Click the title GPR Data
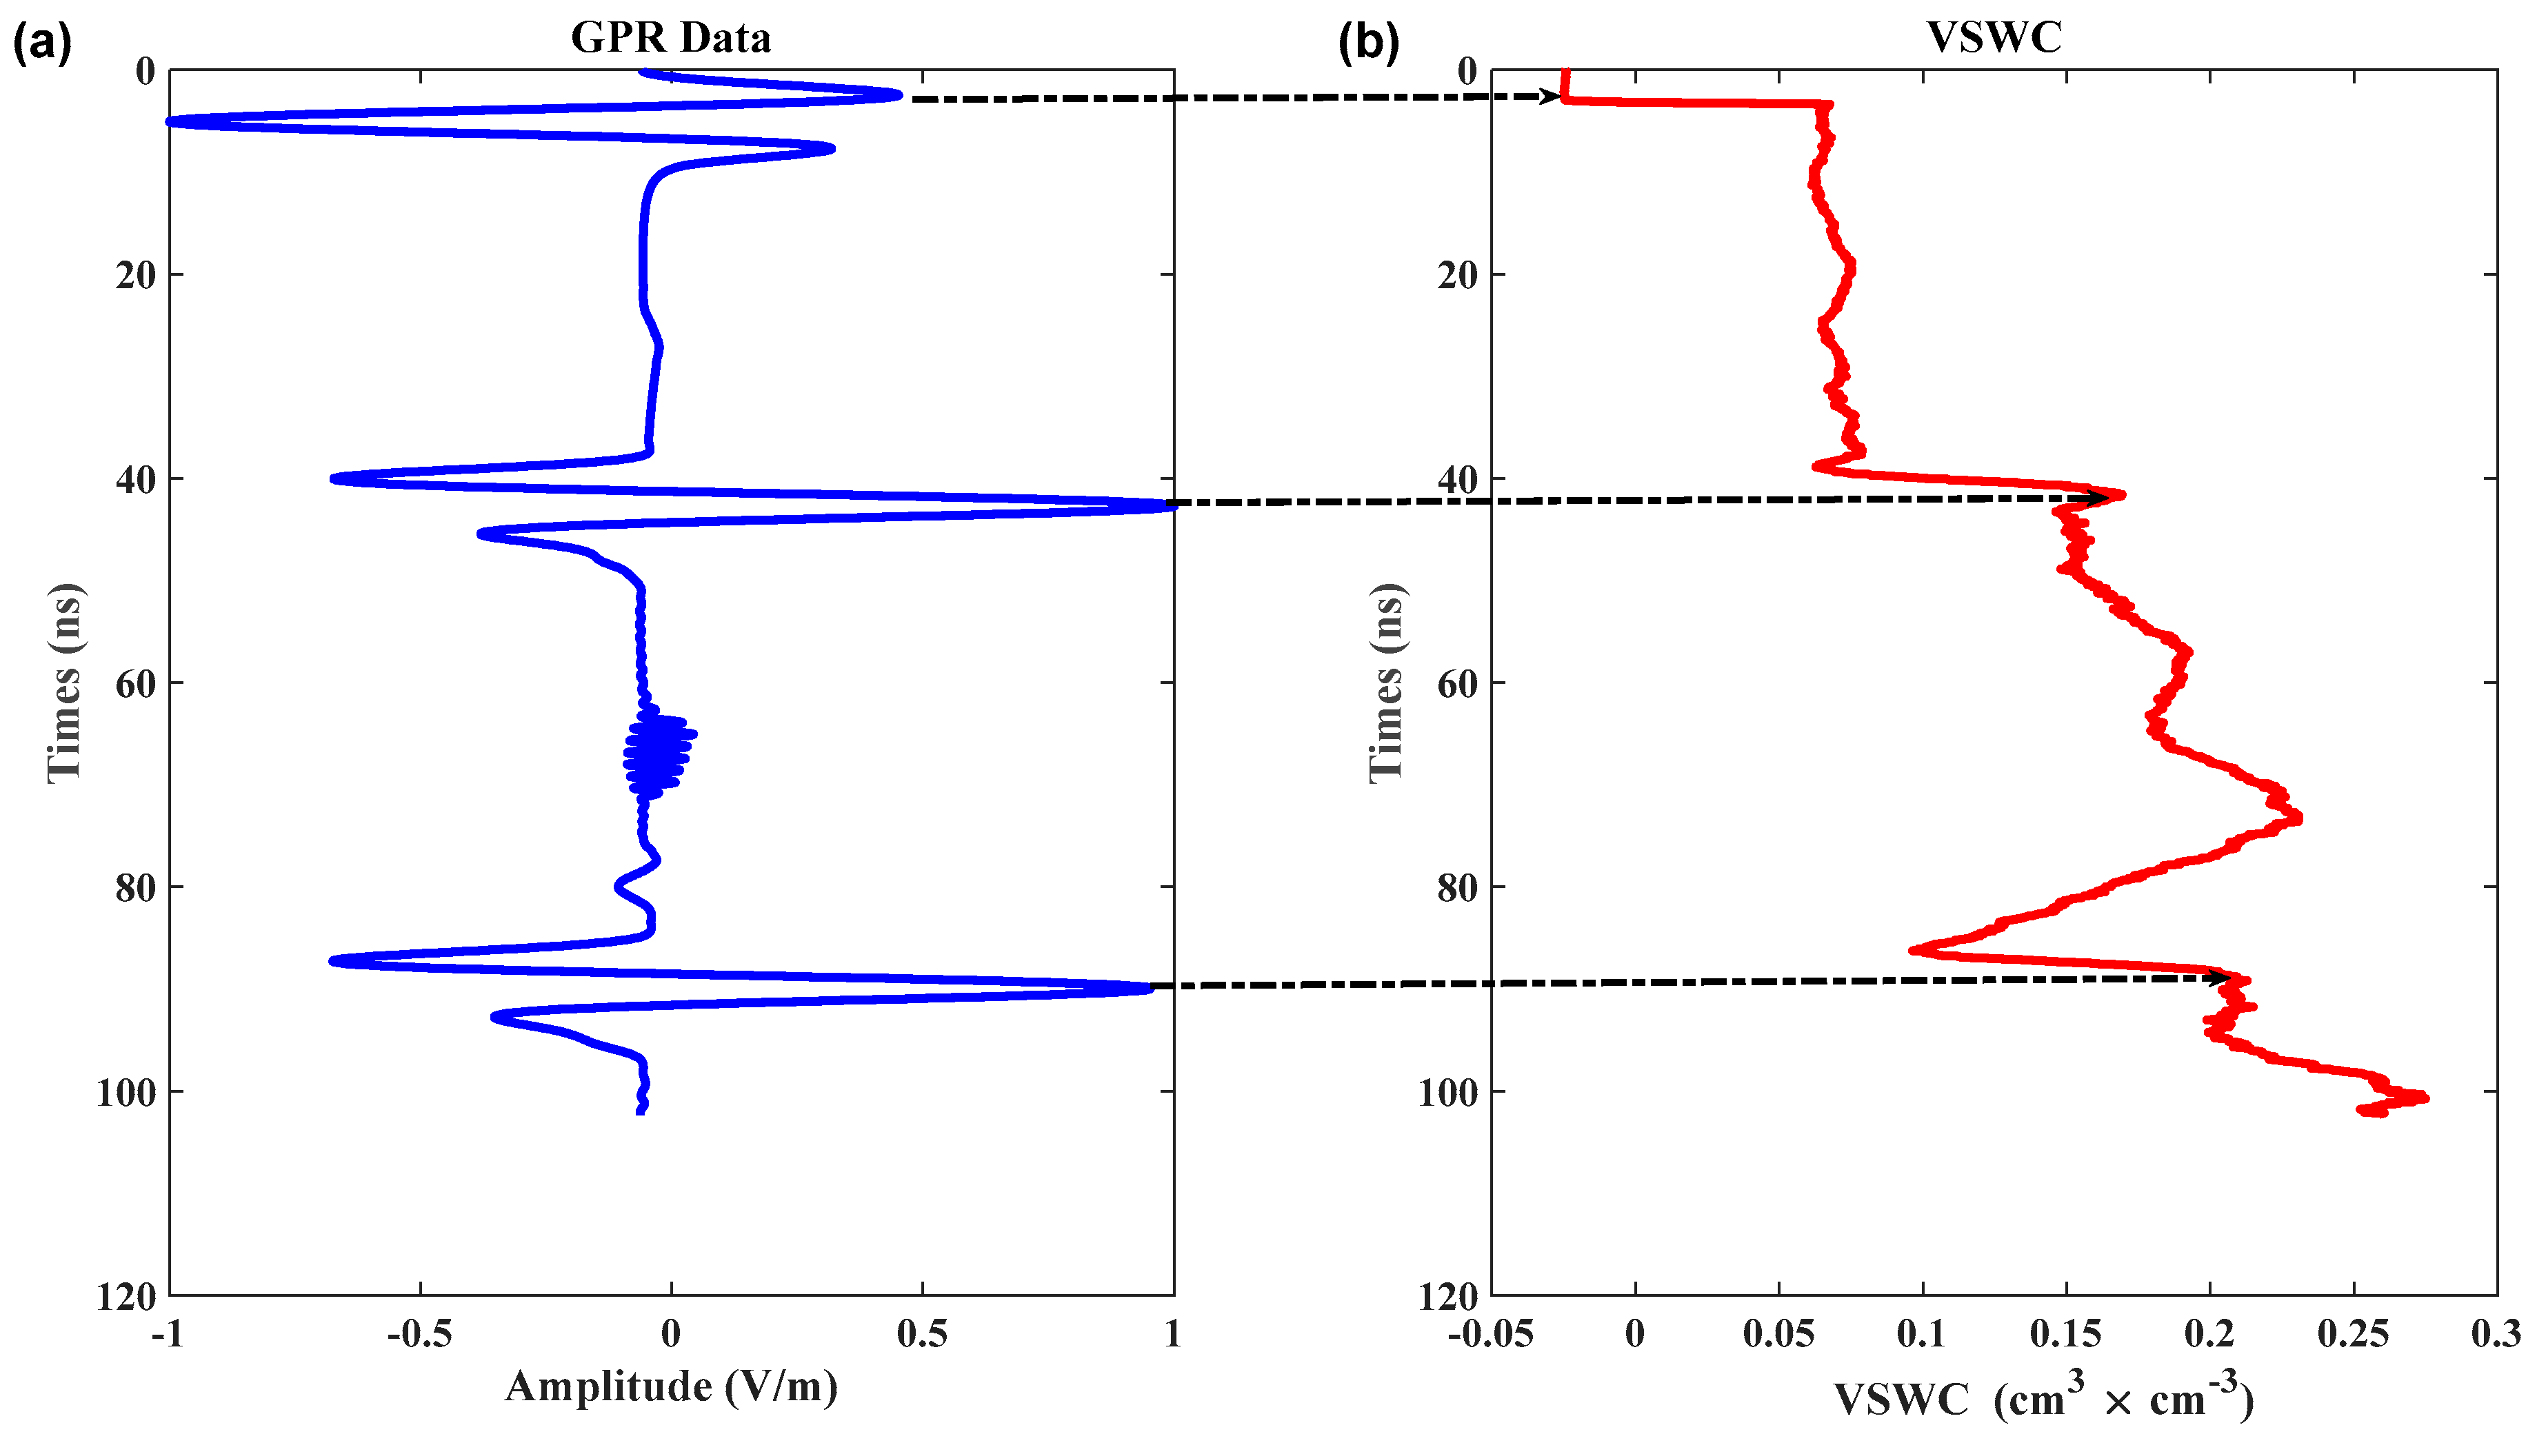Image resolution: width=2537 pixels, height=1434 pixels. coord(671,37)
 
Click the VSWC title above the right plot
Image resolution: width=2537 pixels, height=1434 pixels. coord(1994,37)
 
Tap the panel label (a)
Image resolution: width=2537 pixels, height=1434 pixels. coord(41,43)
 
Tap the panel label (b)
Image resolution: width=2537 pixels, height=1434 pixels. coord(1367,43)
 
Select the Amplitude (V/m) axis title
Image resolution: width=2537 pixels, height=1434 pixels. coord(671,1386)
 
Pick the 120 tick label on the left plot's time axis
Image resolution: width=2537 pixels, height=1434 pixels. coord(126,1296)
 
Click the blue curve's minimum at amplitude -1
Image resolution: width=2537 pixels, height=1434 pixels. coord(172,121)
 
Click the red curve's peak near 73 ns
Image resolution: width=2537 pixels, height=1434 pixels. coord(2297,816)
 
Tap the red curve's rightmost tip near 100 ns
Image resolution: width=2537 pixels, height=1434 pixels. coord(2424,1097)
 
